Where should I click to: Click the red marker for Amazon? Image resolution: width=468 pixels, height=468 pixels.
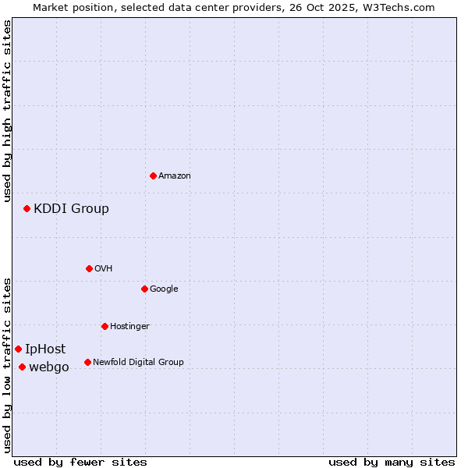153,175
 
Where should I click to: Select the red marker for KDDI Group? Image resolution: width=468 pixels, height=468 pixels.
27,208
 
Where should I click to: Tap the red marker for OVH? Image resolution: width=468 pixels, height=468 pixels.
89,268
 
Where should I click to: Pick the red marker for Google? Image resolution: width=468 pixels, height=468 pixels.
144,289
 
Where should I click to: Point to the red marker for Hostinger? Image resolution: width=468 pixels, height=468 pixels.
105,326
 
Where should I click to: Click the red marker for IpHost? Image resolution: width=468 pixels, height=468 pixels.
18,349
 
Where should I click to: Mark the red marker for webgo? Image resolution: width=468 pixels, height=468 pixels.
22,367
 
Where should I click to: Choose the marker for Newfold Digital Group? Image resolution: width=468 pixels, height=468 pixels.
87,362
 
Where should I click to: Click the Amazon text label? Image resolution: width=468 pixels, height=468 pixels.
175,176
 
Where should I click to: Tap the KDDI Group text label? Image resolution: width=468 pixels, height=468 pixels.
71,208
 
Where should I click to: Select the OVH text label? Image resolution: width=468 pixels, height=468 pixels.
104,269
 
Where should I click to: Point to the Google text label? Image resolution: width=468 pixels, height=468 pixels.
164,289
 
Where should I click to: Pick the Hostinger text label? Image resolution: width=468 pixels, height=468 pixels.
129,326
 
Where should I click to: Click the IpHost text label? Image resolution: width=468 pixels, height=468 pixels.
45,349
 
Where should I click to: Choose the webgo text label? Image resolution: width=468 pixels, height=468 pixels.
49,367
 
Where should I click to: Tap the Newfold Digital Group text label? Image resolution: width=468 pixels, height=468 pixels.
138,362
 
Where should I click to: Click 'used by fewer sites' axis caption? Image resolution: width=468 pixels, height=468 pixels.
80,462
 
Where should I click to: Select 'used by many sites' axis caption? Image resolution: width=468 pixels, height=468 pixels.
392,462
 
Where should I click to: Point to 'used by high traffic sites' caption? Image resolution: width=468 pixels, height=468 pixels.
7,112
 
